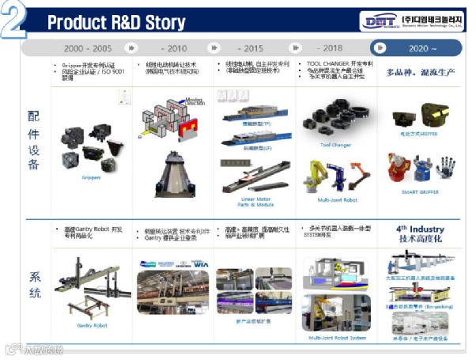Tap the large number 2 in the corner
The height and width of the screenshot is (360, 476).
(13, 19)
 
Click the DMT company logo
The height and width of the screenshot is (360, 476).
(384, 21)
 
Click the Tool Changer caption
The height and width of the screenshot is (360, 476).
(335, 145)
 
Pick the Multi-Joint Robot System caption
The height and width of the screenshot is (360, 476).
(337, 339)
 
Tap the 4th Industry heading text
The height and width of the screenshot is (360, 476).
(420, 229)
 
